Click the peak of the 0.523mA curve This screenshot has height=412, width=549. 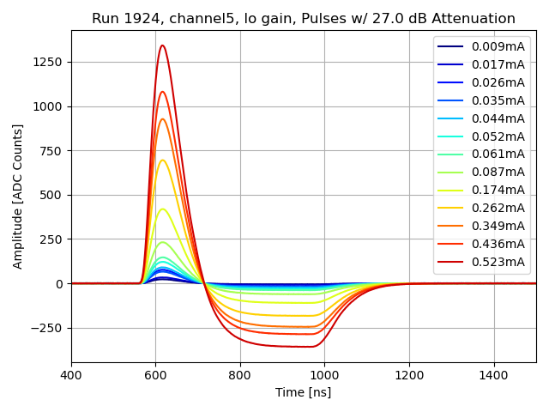point(162,45)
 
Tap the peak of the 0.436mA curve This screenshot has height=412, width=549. point(162,92)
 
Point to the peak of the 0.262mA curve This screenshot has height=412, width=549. point(162,160)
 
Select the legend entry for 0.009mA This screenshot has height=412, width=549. point(498,46)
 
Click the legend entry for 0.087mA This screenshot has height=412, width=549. point(498,172)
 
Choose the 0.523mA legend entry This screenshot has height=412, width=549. point(498,262)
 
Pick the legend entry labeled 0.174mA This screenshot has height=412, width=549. point(498,190)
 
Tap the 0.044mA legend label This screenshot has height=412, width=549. point(498,118)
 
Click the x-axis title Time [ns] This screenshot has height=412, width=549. point(303,392)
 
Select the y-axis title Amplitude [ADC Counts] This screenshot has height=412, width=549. point(18,196)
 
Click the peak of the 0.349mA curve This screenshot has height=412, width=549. point(162,118)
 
